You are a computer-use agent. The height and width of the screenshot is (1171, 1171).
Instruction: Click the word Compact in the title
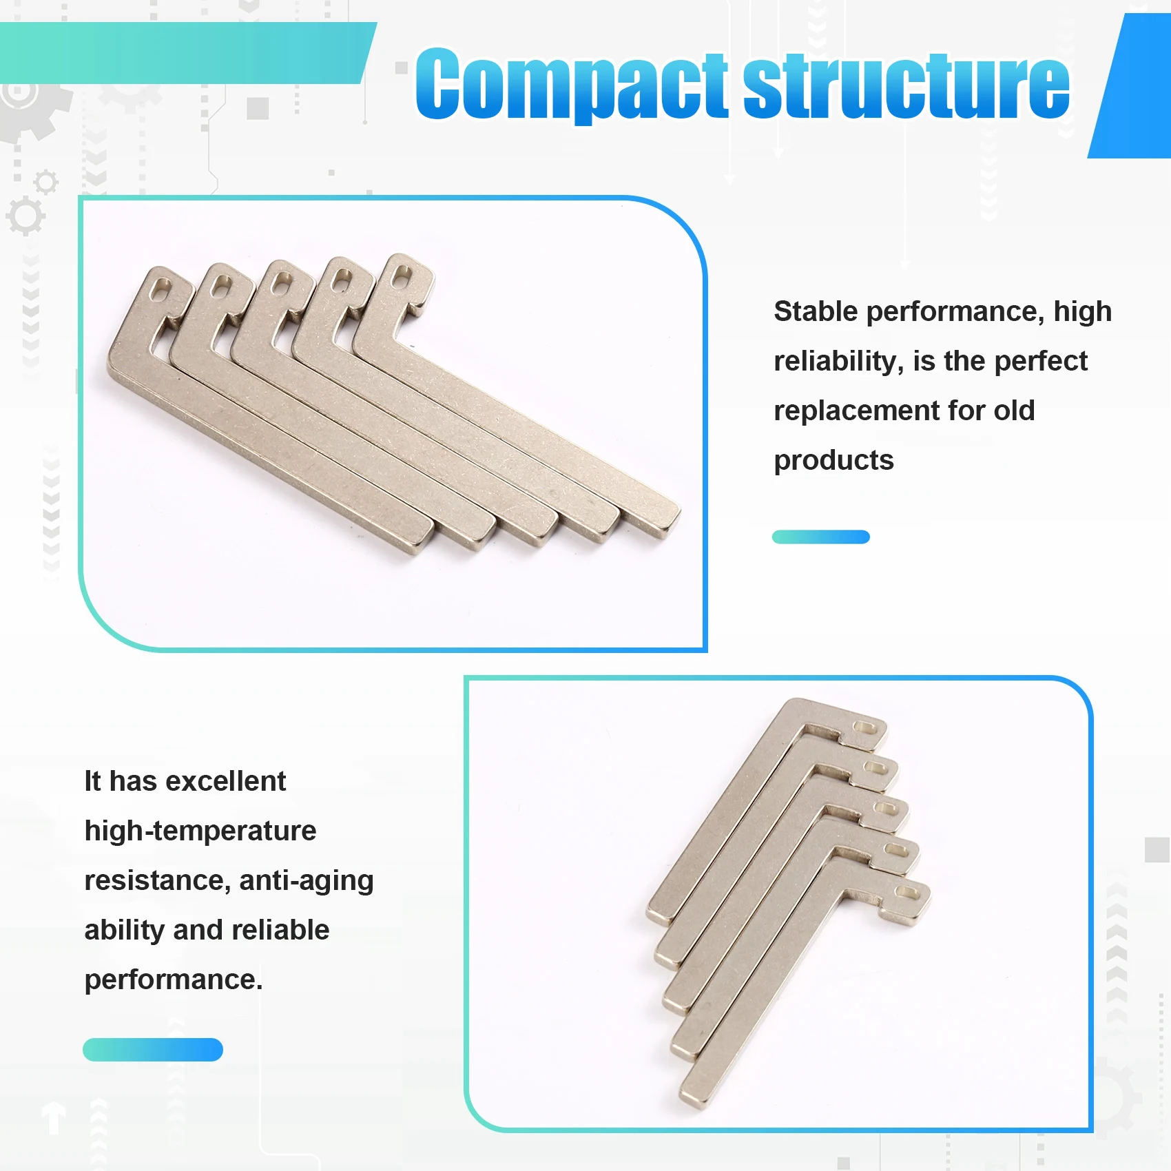pyautogui.click(x=571, y=85)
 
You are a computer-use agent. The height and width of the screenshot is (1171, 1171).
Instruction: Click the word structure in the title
pyautogui.click(x=906, y=85)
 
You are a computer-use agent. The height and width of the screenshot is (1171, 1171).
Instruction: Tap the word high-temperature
pyautogui.click(x=200, y=831)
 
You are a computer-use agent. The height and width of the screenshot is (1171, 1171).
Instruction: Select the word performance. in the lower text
pyautogui.click(x=174, y=980)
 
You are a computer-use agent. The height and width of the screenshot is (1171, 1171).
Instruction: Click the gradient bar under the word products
pyautogui.click(x=821, y=537)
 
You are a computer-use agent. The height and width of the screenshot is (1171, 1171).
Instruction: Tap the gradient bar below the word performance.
pyautogui.click(x=153, y=1049)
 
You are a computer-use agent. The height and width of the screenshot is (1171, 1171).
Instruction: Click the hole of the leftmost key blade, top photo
pyautogui.click(x=160, y=289)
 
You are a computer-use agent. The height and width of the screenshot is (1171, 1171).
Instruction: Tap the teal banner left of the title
pyautogui.click(x=186, y=53)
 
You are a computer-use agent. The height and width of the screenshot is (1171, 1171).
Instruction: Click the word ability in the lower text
pyautogui.click(x=124, y=931)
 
